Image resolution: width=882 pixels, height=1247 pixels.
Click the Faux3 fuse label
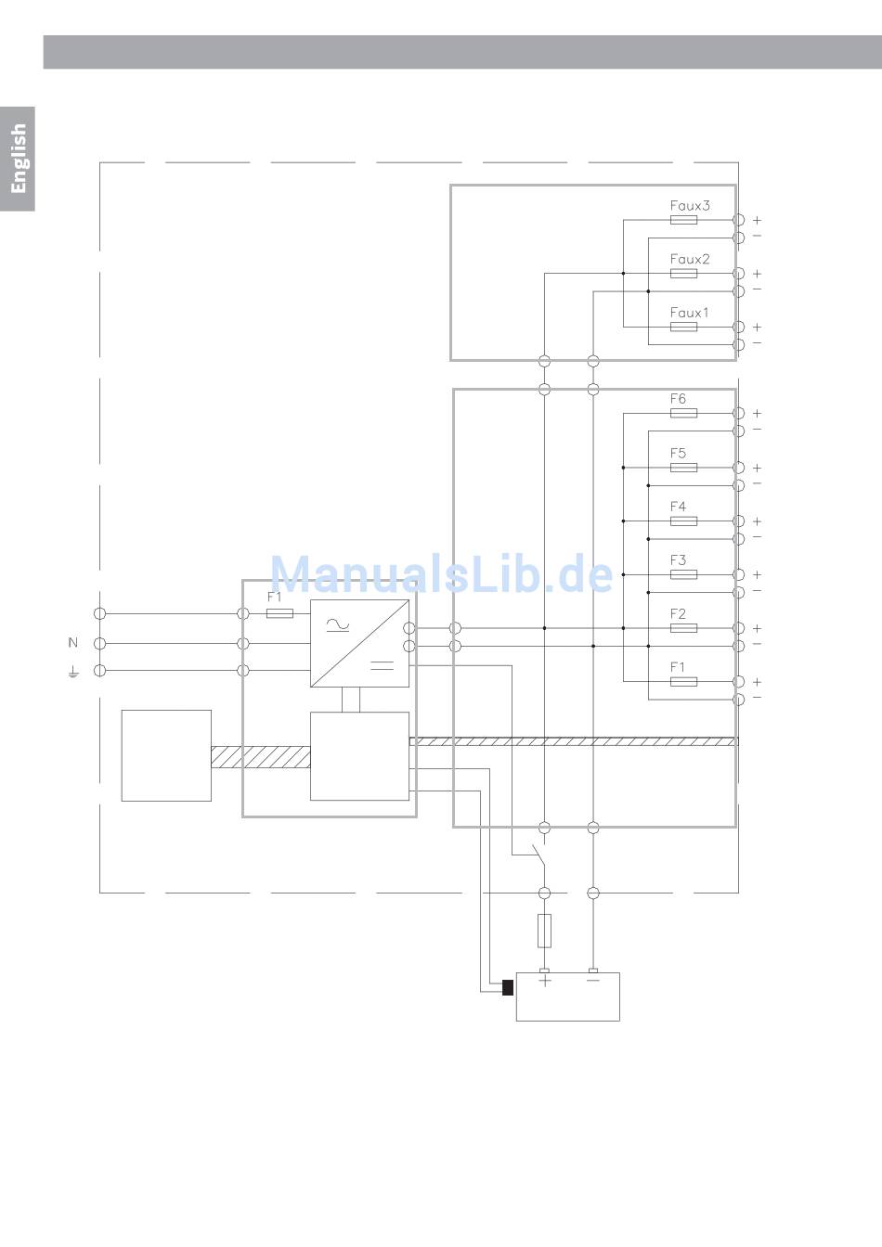(690, 205)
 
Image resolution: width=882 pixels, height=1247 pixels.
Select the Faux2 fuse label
(690, 259)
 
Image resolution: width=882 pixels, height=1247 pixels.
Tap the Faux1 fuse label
(689, 313)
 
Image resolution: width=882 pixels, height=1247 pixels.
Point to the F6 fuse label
(678, 399)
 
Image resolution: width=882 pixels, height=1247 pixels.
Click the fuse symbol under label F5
(683, 468)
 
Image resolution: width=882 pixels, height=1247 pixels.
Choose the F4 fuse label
(678, 507)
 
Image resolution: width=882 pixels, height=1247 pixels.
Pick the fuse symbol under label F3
(683, 575)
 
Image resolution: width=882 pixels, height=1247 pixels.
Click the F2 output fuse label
(678, 614)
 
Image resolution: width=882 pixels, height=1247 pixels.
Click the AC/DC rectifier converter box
(359, 643)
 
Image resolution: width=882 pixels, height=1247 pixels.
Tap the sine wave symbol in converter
(337, 626)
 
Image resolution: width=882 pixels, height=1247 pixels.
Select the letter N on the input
(73, 642)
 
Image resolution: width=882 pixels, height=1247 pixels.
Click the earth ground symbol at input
(73, 671)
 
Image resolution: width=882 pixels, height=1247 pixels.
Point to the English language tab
(18, 159)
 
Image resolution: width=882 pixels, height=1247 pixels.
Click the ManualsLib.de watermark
(442, 574)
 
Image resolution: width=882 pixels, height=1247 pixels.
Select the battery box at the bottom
(567, 997)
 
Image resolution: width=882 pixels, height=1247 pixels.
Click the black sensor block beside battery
(508, 987)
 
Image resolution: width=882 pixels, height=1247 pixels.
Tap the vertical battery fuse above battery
(545, 930)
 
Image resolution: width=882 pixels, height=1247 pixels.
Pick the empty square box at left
(166, 755)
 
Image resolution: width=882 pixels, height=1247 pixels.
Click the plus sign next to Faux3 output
(758, 221)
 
